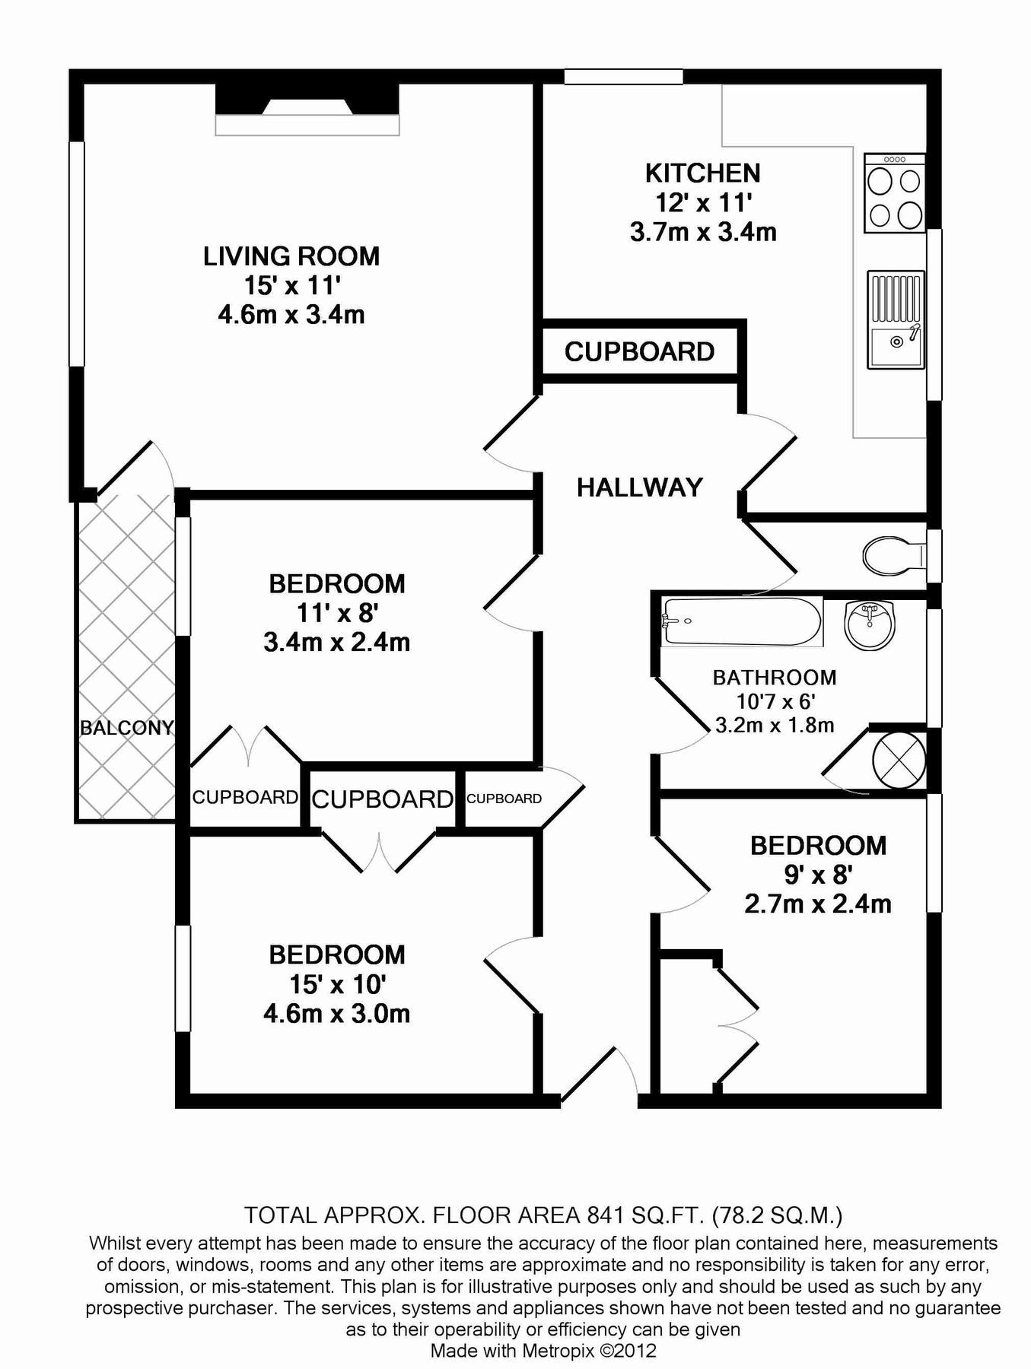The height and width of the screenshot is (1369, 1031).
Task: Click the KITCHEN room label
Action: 702,173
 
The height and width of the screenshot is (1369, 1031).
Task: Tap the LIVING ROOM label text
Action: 291,256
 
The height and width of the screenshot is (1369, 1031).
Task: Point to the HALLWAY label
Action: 639,488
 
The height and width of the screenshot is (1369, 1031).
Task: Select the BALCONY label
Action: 126,728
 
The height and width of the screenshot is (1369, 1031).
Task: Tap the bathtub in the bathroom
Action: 741,621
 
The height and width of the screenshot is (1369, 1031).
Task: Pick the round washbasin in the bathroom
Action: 870,625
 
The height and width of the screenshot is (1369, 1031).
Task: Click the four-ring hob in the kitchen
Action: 895,194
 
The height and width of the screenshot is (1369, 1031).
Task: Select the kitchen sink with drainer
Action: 895,319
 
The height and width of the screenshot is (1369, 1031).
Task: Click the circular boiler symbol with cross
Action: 898,760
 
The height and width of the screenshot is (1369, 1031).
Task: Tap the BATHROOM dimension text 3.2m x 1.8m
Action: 774,726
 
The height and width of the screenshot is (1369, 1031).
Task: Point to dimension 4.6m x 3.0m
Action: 336,1014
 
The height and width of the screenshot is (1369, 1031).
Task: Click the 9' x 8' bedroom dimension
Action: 817,875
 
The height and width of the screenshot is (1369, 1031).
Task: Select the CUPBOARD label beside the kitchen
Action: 639,351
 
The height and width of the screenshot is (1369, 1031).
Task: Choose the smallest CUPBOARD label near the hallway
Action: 504,799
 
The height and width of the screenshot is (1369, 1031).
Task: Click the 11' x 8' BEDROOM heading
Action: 336,584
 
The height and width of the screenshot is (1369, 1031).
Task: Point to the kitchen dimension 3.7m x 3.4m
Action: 702,231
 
